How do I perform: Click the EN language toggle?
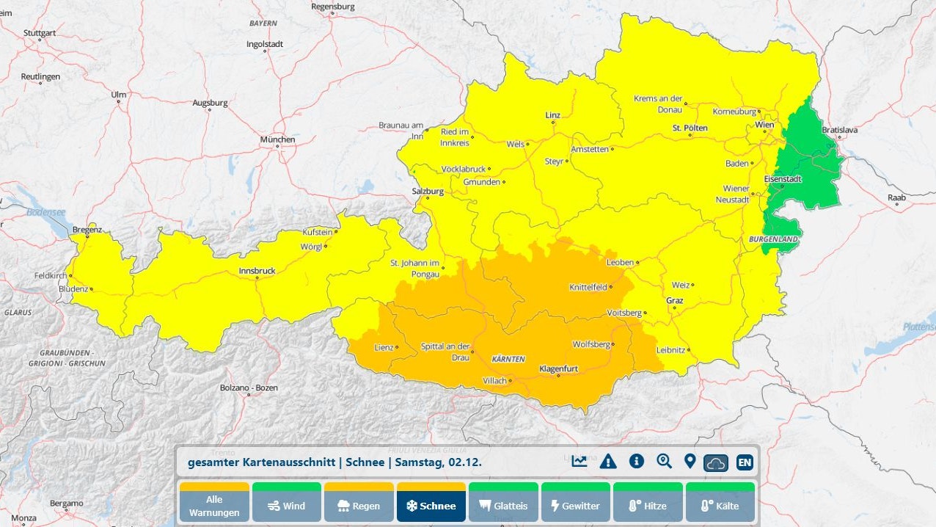(745, 462)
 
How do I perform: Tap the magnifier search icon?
(665, 462)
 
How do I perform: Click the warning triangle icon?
(608, 462)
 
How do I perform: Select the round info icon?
(637, 461)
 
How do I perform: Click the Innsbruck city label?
(257, 271)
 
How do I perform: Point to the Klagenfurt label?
(559, 368)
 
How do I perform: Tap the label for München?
(277, 139)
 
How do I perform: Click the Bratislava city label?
(839, 129)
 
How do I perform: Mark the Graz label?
(674, 300)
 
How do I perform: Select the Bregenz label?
(87, 230)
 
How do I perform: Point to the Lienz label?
(384, 347)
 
